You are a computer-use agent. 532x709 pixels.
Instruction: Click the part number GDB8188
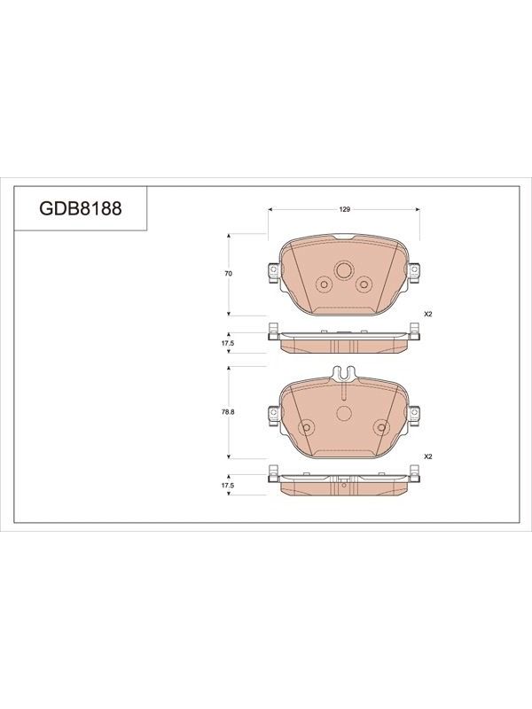81,208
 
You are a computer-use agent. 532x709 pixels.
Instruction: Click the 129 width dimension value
345,209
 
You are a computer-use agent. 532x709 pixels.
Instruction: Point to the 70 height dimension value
229,274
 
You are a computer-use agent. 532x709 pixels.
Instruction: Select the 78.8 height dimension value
229,412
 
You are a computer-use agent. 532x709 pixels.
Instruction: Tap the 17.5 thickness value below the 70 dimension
228,343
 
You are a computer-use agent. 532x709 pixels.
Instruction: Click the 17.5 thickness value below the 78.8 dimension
228,485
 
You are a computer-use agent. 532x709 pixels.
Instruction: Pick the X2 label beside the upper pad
428,314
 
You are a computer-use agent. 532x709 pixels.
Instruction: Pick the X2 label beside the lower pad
428,456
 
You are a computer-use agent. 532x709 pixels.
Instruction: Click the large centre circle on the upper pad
344,270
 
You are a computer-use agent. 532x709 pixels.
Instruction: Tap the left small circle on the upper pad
324,284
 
